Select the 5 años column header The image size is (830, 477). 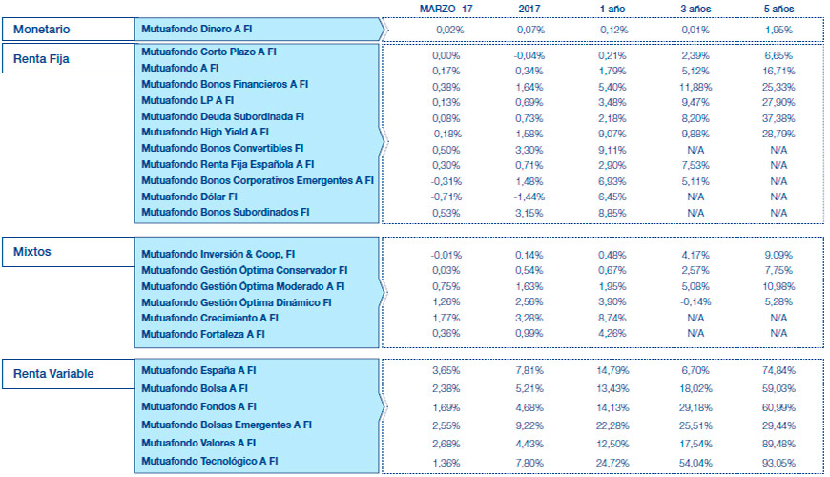[778, 9]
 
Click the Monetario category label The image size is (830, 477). [42, 30]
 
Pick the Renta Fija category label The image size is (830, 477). [44, 59]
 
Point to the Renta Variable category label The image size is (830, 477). [53, 374]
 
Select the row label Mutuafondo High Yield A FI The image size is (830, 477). [205, 133]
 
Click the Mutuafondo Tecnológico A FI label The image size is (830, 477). [209, 462]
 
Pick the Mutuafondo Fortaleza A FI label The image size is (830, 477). [203, 334]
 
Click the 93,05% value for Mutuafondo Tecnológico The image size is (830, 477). [778, 462]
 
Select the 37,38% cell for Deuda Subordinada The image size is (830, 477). [778, 116]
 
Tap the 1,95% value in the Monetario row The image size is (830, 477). [778, 30]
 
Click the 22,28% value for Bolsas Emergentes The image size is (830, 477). [612, 425]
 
